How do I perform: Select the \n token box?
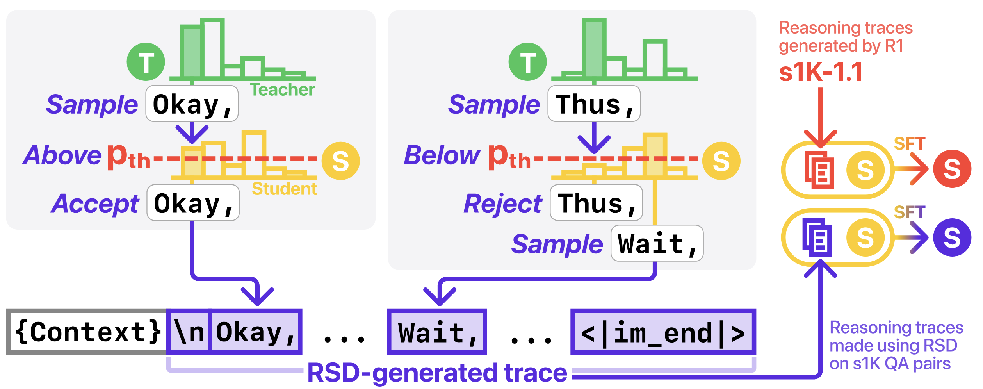189,332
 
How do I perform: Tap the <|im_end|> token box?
663,332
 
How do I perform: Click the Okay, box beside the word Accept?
193,203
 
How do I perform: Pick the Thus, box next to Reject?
596,203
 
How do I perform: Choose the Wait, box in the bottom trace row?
437,332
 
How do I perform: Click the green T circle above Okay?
146,62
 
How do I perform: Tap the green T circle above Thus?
528,62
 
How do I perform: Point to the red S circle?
952,169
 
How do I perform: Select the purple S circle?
952,237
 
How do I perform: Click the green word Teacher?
282,90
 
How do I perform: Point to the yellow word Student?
284,189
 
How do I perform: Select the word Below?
442,155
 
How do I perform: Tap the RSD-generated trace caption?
437,373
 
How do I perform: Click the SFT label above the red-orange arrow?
910,144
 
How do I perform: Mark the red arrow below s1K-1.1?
821,117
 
